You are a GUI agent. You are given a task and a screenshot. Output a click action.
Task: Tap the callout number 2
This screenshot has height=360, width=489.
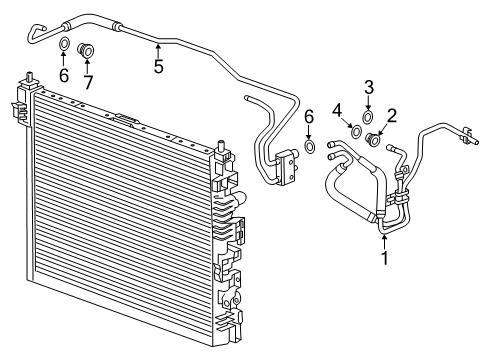click(392, 116)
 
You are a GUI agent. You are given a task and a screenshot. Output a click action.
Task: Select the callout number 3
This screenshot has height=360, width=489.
click(368, 86)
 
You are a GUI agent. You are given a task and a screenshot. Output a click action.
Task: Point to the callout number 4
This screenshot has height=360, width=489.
click(336, 109)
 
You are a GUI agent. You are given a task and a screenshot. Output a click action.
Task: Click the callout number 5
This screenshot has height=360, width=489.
click(157, 68)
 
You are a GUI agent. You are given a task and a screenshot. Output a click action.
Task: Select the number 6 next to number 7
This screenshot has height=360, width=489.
click(63, 77)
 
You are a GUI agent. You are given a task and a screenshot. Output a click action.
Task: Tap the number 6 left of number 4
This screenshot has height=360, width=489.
click(309, 118)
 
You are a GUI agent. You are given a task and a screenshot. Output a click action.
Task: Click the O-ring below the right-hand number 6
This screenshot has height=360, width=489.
click(309, 148)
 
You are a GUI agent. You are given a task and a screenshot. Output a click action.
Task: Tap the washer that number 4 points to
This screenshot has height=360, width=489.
click(355, 130)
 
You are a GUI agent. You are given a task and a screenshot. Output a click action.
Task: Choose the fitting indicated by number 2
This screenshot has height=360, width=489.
click(375, 139)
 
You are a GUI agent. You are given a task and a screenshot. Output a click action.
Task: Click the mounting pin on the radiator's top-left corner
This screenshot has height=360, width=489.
click(33, 76)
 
